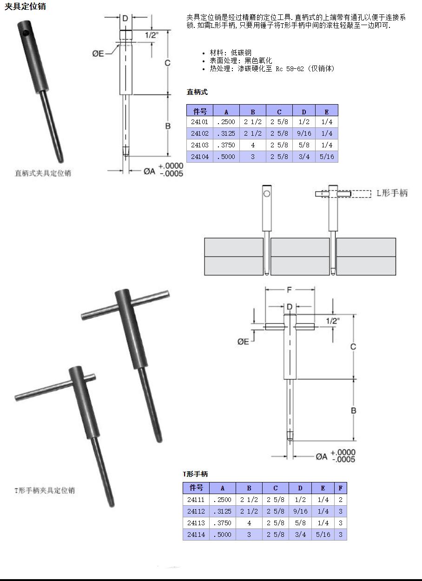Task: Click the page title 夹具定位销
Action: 25,7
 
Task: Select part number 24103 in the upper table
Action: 200,145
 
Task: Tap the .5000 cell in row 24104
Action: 226,157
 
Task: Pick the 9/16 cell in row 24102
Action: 304,133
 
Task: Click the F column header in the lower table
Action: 341,488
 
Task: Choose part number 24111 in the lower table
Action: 196,500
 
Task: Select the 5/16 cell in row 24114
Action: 323,535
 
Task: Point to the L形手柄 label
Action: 392,193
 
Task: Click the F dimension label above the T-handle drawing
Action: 289,290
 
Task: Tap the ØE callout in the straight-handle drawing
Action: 98,54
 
